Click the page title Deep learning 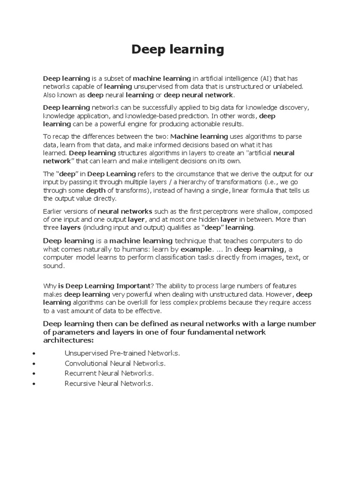click(x=178, y=49)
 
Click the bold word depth click(x=96, y=191)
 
